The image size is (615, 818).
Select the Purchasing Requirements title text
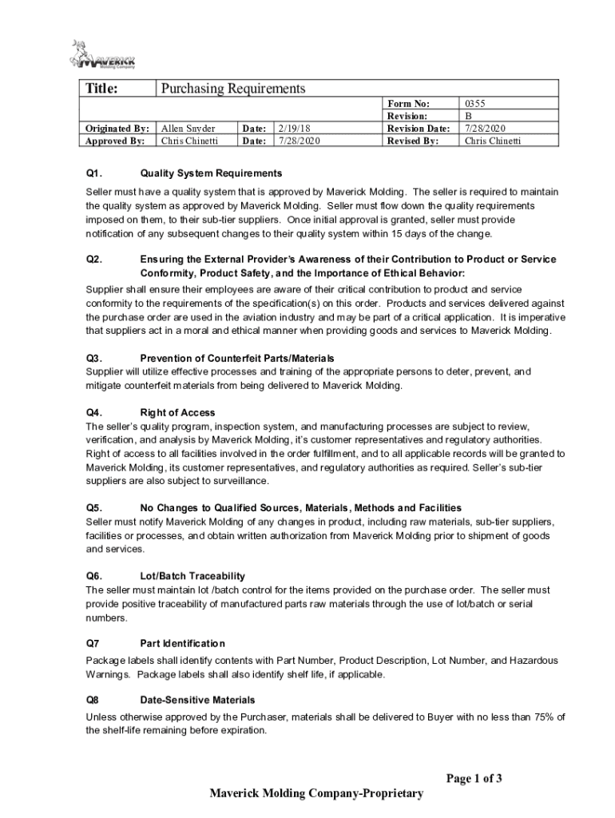233,89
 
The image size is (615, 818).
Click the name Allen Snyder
188,129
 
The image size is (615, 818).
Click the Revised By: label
412,141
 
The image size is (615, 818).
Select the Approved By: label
115,141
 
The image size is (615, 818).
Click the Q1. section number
94,173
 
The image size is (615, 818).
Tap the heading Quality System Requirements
211,173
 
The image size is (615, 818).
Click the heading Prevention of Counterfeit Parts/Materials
237,359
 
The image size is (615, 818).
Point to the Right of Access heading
177,413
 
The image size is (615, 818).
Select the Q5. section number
94,508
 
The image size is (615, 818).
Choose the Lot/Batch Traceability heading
192,576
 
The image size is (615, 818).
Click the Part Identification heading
182,643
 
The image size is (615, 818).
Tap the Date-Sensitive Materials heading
197,699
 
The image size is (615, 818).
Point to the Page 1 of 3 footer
474,779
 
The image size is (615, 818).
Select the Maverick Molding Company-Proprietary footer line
315,793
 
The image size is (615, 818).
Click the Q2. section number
94,260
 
